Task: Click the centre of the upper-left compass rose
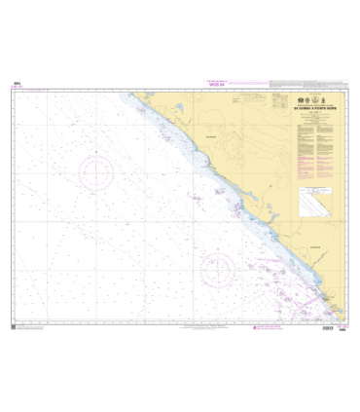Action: [x=96, y=173]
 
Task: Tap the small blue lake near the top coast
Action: [x=180, y=110]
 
